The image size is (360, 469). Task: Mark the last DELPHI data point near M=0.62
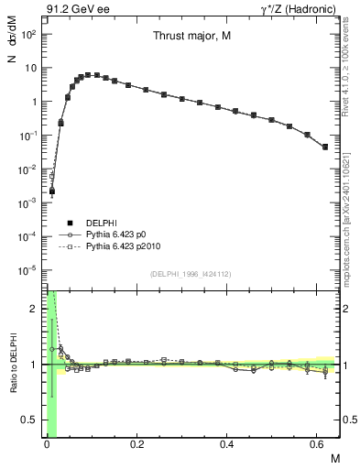325,147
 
